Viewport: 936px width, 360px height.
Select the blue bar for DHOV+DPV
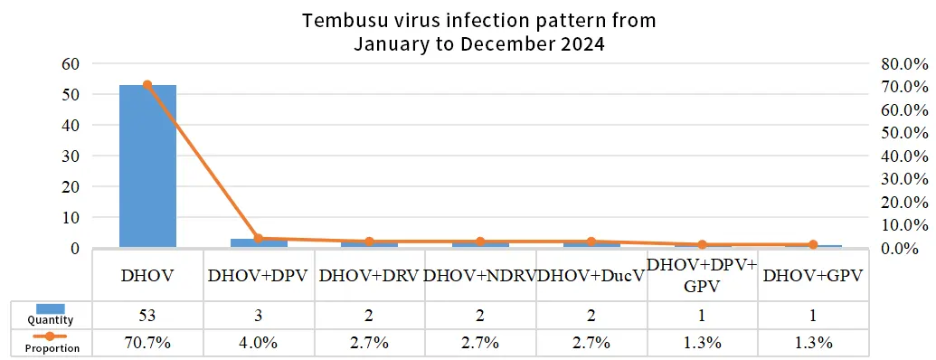tap(259, 242)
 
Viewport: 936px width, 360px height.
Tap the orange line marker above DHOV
tap(147, 85)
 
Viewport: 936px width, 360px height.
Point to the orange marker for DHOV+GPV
tap(813, 244)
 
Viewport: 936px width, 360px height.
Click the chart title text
tap(478, 31)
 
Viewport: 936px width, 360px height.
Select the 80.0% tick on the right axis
tap(904, 63)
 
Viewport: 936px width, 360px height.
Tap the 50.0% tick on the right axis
tap(904, 133)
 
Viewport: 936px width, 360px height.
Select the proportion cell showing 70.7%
tap(147, 344)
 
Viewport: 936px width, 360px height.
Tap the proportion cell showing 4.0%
tap(259, 344)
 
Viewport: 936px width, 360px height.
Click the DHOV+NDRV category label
tap(480, 275)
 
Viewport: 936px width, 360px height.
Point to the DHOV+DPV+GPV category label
tap(702, 275)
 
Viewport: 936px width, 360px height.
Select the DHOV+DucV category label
tap(591, 275)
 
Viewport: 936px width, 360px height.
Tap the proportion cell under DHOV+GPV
tap(813, 344)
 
